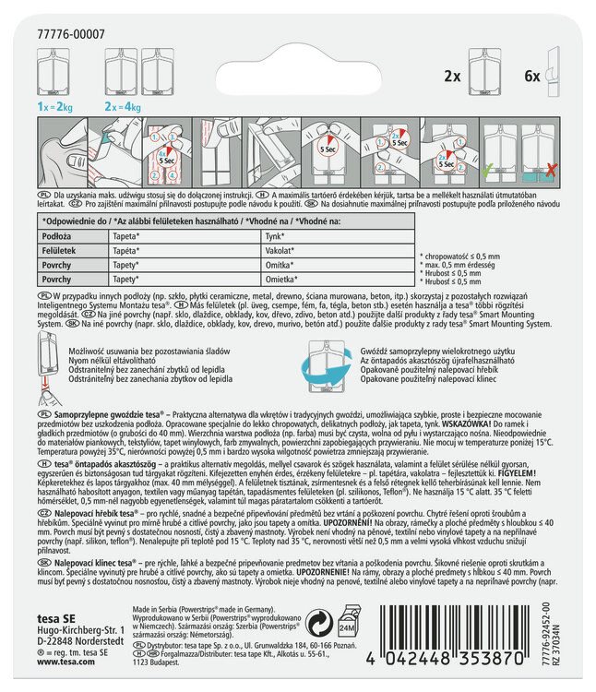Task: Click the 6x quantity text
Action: tap(531, 76)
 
